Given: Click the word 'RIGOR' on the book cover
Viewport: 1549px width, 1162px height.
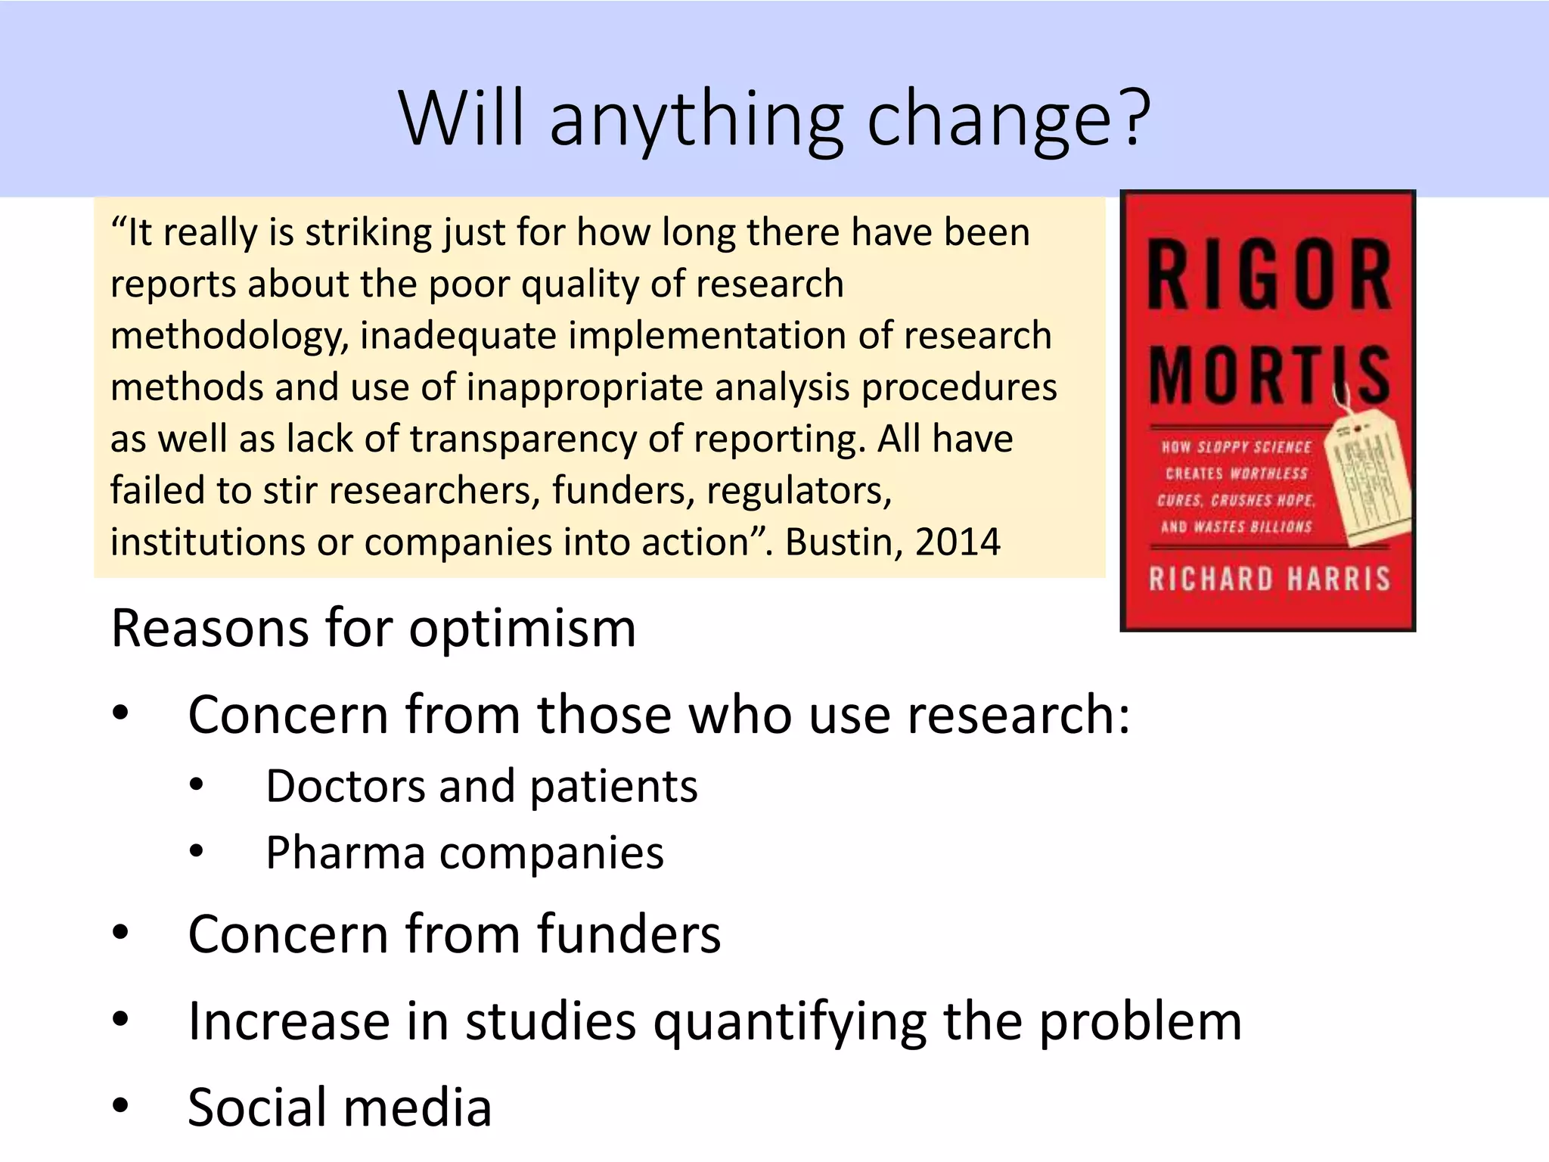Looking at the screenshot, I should pyautogui.click(x=1268, y=275).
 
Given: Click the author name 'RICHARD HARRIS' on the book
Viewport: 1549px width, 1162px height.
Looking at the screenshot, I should pyautogui.click(x=1269, y=579).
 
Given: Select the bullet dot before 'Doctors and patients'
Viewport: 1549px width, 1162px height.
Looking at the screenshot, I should pyautogui.click(x=197, y=785).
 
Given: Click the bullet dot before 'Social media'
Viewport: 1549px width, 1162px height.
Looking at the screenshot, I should pyautogui.click(x=120, y=1105).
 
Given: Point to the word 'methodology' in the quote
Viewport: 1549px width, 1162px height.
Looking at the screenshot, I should pyautogui.click(x=228, y=336).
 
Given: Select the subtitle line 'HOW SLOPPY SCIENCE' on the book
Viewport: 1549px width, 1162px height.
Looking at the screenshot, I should pyautogui.click(x=1236, y=447).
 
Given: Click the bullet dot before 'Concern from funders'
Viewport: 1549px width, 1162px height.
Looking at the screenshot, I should pyautogui.click(x=120, y=933).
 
